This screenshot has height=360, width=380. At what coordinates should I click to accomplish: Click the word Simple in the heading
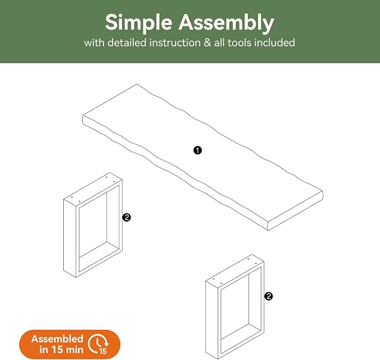139,23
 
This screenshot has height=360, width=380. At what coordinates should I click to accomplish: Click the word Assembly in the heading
226,23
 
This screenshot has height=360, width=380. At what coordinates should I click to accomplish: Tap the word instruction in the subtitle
175,43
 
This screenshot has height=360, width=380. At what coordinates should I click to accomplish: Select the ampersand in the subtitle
207,43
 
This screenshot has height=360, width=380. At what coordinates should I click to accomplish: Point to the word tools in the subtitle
239,43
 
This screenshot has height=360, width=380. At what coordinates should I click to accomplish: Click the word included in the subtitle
275,43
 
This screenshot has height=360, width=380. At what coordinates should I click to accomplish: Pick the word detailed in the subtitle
127,43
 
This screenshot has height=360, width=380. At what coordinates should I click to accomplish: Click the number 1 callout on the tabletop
198,150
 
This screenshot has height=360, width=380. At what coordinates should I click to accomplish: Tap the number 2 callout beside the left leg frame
126,217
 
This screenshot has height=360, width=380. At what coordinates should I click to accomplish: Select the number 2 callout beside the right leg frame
269,296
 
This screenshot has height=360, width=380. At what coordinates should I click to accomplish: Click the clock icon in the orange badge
98,344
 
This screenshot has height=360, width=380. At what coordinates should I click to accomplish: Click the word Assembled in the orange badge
57,339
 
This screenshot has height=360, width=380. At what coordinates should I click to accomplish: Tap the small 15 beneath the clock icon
103,351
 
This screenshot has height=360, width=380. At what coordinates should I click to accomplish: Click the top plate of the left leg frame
93,189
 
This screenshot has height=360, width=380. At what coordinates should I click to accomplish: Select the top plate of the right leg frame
234,271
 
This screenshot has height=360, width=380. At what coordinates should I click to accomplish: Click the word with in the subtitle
94,43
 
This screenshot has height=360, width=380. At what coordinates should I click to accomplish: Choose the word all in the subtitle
219,43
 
